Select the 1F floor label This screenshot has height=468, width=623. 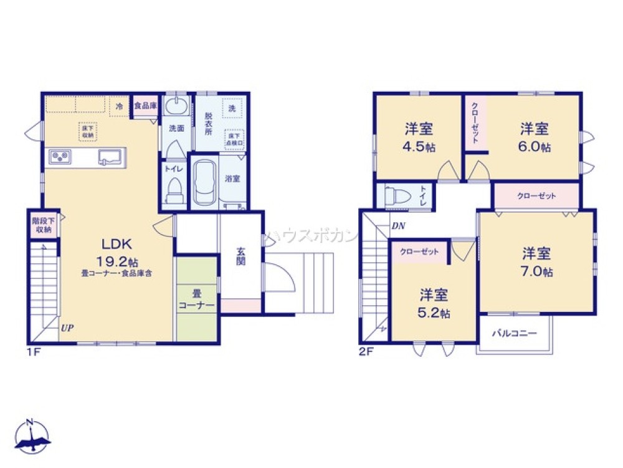(x=33, y=351)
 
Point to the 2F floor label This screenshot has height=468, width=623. (x=366, y=351)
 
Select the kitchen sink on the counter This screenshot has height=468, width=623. (x=110, y=156)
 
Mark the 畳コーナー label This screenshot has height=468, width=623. (x=197, y=299)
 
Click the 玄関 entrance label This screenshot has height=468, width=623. (x=240, y=256)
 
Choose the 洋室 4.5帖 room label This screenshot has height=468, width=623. (x=419, y=138)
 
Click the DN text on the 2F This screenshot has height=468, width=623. (x=399, y=226)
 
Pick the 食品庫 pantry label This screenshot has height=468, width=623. (x=145, y=106)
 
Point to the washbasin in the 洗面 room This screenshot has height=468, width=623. (x=178, y=104)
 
